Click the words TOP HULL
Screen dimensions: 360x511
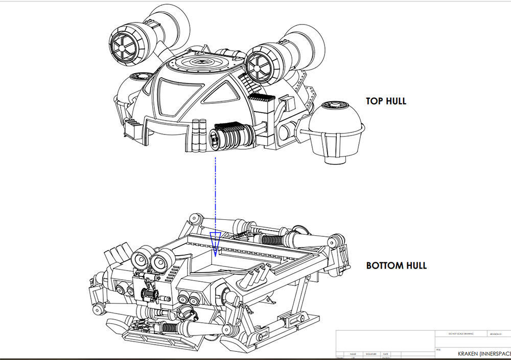(386, 101)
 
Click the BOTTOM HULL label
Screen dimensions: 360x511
(396, 266)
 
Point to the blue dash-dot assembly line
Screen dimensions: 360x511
(216, 194)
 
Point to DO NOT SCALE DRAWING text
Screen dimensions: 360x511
(460, 333)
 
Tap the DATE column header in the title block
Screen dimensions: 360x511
(385, 353)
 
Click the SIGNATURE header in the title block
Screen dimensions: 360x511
(370, 353)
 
